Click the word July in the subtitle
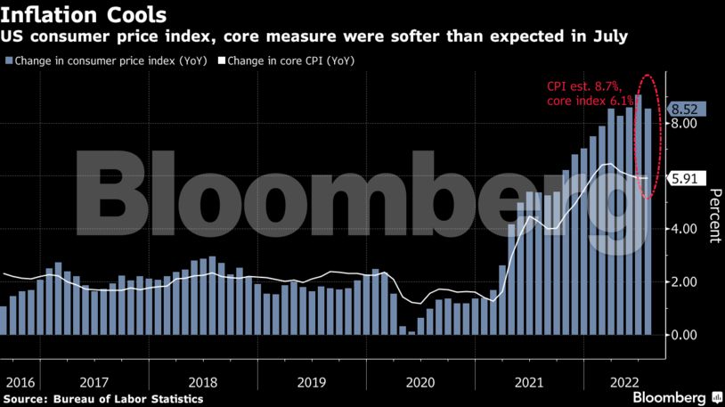point(611,37)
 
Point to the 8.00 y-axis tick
point(682,124)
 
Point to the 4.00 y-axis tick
point(682,229)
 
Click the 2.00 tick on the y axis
point(682,282)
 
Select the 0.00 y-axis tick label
point(682,335)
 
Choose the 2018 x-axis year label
point(203,381)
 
